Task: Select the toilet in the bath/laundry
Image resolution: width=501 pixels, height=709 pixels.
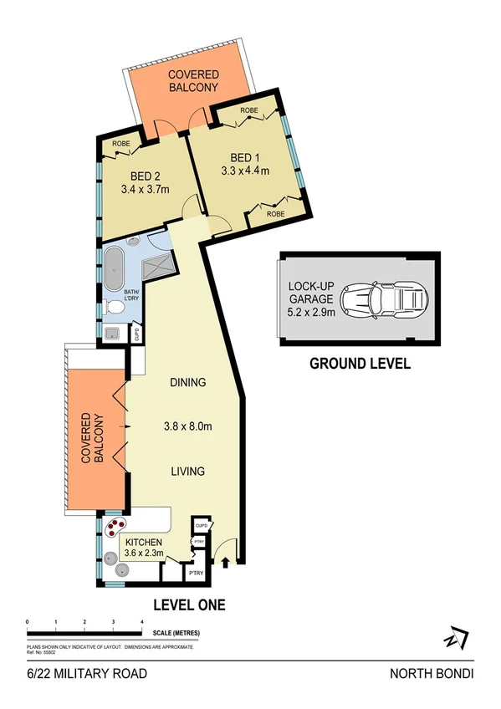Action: point(115,309)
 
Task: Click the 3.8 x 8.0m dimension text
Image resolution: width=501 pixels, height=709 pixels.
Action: point(188,427)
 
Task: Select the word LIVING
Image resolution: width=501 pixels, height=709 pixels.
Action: point(187,472)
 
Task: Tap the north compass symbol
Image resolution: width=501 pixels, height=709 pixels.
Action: point(454,637)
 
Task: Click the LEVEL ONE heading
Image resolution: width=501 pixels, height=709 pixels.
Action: point(189,604)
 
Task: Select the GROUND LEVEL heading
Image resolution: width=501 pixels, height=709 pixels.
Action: point(360,364)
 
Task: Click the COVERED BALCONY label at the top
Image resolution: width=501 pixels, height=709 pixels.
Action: point(193,80)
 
